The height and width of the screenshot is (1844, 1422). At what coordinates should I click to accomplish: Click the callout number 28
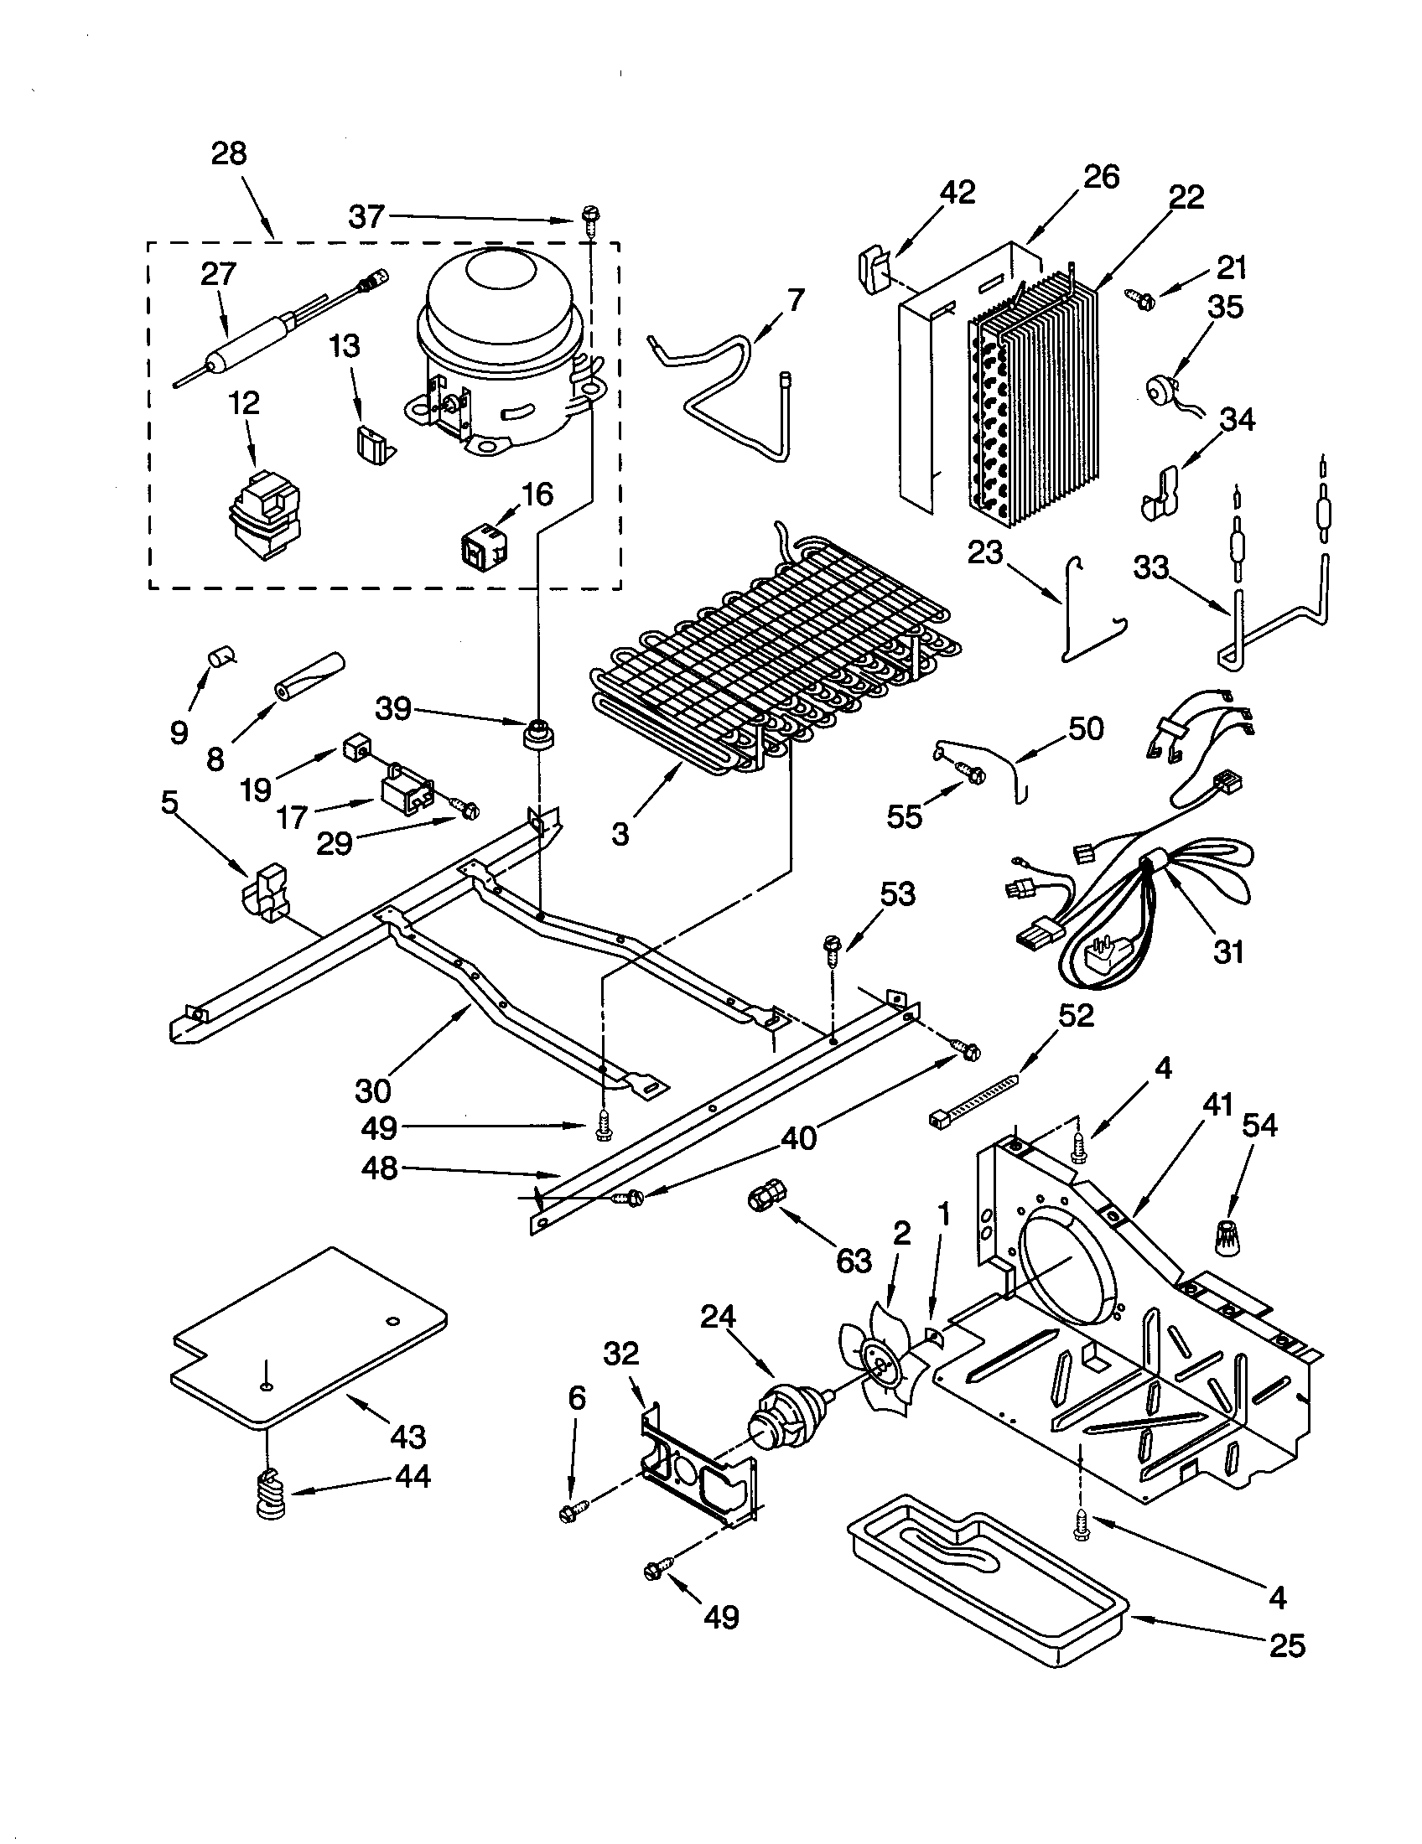click(228, 153)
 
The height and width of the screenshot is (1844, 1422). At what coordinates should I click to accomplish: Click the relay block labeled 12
click(265, 515)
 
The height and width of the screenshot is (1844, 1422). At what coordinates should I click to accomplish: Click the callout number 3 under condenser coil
click(620, 834)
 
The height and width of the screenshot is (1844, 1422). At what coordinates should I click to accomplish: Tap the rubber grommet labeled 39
click(537, 733)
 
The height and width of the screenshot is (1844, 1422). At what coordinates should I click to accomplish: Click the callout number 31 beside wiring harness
click(1228, 951)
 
